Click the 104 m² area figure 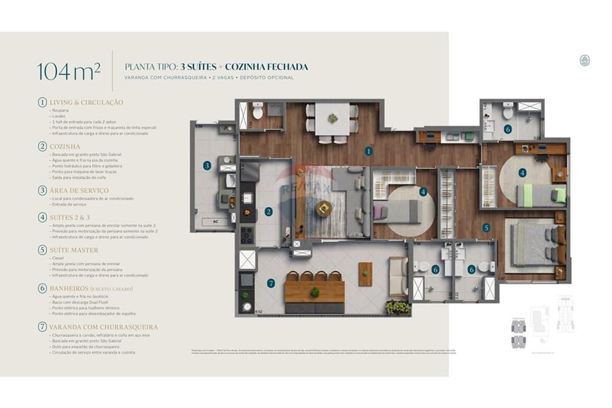click(x=69, y=71)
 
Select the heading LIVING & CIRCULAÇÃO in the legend click(x=86, y=102)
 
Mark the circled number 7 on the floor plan click(x=271, y=283)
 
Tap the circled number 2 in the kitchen click(x=268, y=212)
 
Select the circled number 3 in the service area click(x=207, y=165)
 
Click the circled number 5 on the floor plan click(x=486, y=228)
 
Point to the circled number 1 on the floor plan click(x=368, y=150)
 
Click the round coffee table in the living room click(x=324, y=209)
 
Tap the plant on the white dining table click(x=332, y=118)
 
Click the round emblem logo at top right click(x=584, y=61)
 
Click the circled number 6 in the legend click(x=42, y=289)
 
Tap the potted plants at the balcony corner click(x=398, y=307)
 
